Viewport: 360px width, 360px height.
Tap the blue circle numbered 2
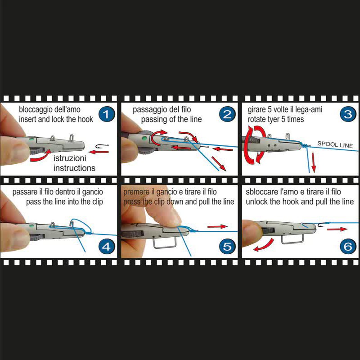click(x=227, y=114)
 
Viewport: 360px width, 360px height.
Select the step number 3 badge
click(x=348, y=114)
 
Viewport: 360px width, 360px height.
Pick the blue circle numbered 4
click(x=107, y=247)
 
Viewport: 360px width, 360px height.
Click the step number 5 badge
click(x=227, y=247)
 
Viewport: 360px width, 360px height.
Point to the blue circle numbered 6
click(x=348, y=247)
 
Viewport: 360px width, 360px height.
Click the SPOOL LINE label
click(x=335, y=144)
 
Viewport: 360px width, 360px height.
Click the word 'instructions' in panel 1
click(x=74, y=168)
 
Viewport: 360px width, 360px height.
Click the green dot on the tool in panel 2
click(x=144, y=138)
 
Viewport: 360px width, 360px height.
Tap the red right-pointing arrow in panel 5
click(x=217, y=227)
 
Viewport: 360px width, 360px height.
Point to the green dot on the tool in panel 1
click(x=31, y=139)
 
